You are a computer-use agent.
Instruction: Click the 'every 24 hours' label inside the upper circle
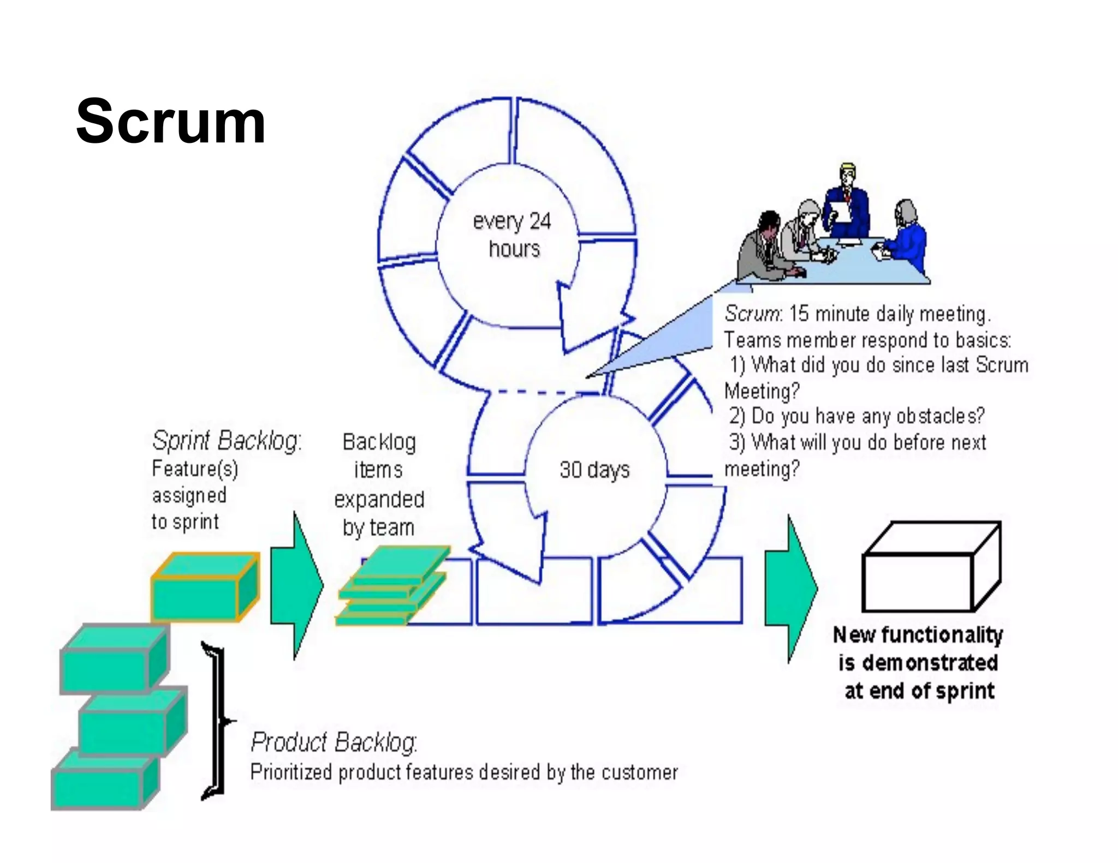pyautogui.click(x=512, y=235)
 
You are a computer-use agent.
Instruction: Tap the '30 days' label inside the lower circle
pyautogui.click(x=594, y=470)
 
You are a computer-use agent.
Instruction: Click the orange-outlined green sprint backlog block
pyautogui.click(x=205, y=588)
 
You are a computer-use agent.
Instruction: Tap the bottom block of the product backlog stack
pyautogui.click(x=104, y=780)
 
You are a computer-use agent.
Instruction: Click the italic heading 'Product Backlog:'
pyautogui.click(x=334, y=742)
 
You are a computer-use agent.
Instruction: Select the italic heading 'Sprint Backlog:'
pyautogui.click(x=227, y=440)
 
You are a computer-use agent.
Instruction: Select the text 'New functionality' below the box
pyautogui.click(x=918, y=634)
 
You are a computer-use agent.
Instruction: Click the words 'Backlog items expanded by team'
pyautogui.click(x=379, y=485)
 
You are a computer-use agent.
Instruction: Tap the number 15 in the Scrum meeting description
pyautogui.click(x=798, y=314)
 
